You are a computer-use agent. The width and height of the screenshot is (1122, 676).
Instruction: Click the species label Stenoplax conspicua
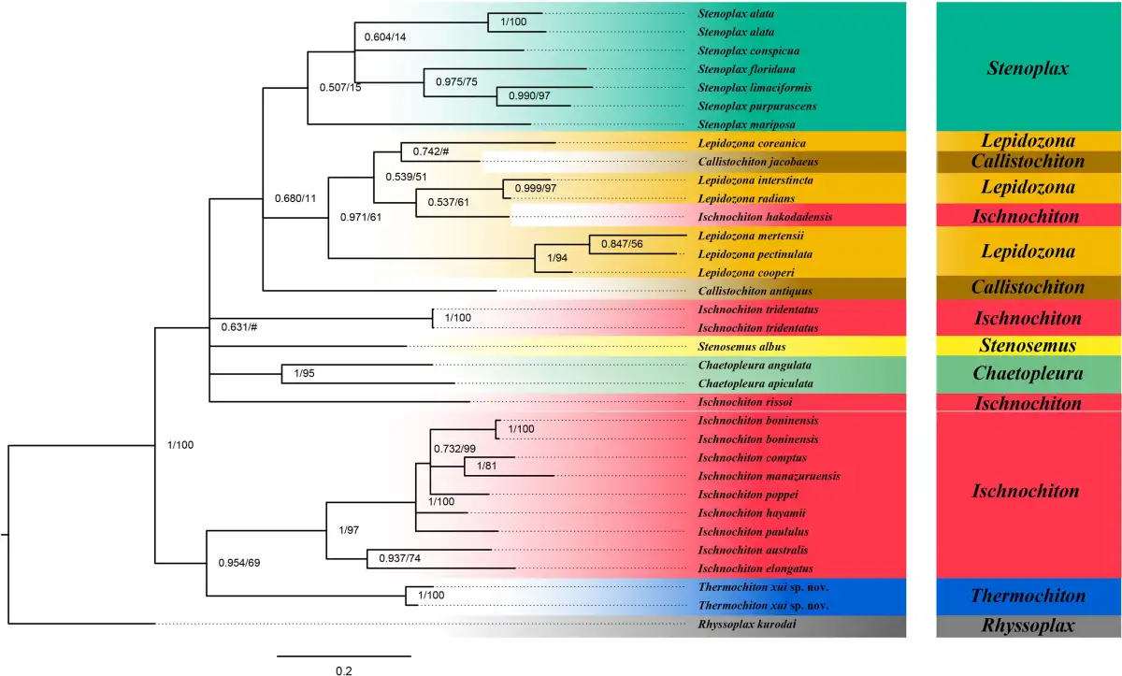pyautogui.click(x=748, y=50)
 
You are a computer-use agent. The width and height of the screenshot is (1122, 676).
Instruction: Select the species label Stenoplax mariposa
pyautogui.click(x=746, y=124)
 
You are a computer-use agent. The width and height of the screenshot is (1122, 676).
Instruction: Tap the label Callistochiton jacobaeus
pyautogui.click(x=758, y=161)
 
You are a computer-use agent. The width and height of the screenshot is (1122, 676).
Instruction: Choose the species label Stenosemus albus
pyautogui.click(x=741, y=347)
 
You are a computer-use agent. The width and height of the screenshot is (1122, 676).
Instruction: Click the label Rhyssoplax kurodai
pyautogui.click(x=747, y=624)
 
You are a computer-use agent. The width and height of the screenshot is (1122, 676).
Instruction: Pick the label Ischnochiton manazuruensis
pyautogui.click(x=769, y=476)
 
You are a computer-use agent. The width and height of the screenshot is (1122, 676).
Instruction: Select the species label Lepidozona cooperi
pyautogui.click(x=746, y=273)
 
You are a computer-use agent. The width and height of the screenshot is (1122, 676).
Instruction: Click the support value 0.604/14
pyautogui.click(x=384, y=37)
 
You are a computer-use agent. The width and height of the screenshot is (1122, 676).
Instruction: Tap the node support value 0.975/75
pyautogui.click(x=456, y=81)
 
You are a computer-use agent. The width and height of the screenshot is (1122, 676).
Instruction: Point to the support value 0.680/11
pyautogui.click(x=295, y=198)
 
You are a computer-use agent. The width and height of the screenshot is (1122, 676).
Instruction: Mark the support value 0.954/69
pyautogui.click(x=239, y=563)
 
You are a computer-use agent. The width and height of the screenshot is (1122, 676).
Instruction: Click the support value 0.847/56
pyautogui.click(x=622, y=244)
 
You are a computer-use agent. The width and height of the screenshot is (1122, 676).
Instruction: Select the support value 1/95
pyautogui.click(x=304, y=373)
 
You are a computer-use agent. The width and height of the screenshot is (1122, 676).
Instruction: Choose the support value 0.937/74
pyautogui.click(x=399, y=558)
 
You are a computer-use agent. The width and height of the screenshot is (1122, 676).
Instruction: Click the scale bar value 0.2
pyautogui.click(x=344, y=671)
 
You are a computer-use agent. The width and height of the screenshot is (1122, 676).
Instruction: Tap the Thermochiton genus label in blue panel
pyautogui.click(x=1028, y=596)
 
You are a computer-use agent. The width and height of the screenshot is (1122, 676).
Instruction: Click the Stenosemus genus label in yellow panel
pyautogui.click(x=1028, y=346)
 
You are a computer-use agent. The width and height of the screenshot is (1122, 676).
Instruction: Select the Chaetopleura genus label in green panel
pyautogui.click(x=1028, y=374)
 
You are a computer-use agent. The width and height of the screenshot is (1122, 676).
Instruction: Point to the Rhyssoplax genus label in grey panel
pyautogui.click(x=1028, y=626)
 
